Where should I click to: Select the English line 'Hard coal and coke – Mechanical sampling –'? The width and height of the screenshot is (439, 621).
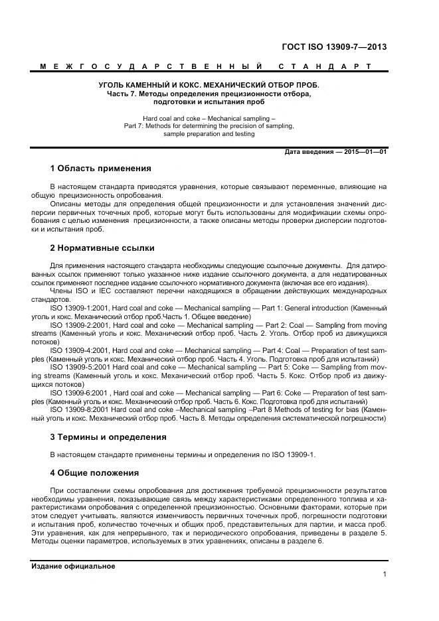point(209,117)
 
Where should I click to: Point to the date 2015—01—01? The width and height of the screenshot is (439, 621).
point(364,151)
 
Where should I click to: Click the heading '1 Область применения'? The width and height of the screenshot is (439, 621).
point(100,169)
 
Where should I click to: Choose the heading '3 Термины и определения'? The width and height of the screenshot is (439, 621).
point(108,437)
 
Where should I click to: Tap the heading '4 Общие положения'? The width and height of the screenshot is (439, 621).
point(94,473)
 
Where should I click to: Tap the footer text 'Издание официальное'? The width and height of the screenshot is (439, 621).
point(73,566)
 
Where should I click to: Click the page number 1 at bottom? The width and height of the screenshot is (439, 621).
point(385,575)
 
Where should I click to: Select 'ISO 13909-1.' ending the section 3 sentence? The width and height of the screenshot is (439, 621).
point(295,455)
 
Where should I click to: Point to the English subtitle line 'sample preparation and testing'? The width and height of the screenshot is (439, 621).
point(209,133)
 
